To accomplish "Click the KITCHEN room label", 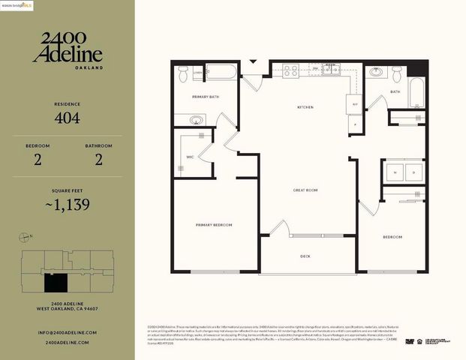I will tap(305, 108).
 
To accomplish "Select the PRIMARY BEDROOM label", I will tap(214, 225).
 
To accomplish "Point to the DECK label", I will tap(305, 256).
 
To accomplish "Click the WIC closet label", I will tap(191, 157).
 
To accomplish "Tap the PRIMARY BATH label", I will tap(205, 97).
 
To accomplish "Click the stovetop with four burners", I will tap(290, 71).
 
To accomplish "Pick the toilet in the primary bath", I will tap(184, 73).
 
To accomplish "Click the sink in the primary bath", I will tap(197, 120).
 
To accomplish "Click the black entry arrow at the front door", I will tap(253, 61).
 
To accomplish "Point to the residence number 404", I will tap(67, 118).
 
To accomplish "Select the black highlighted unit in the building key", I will tap(55, 283).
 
